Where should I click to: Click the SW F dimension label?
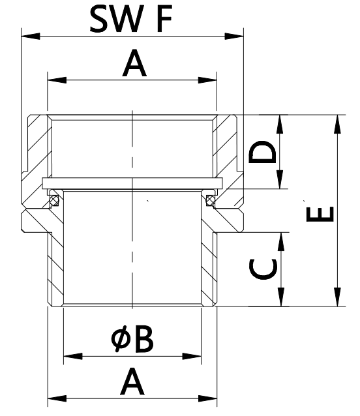tap(131, 18)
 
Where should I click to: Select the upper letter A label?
tap(134, 63)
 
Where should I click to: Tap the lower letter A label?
tap(132, 382)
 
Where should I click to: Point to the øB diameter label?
tap(132, 339)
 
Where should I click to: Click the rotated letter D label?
tap(262, 151)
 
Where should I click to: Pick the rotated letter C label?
tap(263, 269)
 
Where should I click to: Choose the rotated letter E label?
tap(320, 214)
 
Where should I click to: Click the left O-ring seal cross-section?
tap(55, 200)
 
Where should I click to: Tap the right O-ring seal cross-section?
tap(211, 200)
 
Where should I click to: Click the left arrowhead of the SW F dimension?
tap(31, 36)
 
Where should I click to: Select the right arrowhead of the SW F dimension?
tap(234, 36)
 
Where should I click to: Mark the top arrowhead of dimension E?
tap(337, 125)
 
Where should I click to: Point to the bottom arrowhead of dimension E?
tap(337, 297)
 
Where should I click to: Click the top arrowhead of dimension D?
tap(280, 125)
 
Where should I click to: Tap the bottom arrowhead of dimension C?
tap(280, 297)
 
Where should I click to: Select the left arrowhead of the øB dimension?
tap(73, 356)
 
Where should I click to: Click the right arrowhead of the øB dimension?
tap(192, 356)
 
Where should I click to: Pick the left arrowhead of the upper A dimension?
tap(57, 80)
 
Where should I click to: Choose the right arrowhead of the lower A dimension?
tap(208, 398)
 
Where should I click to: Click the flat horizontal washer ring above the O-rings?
tap(132, 183)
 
